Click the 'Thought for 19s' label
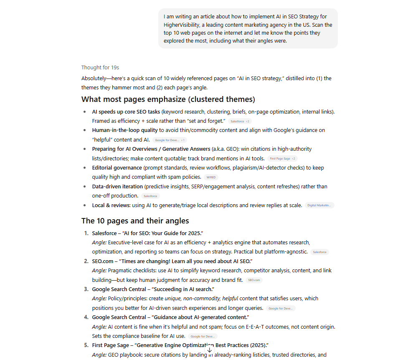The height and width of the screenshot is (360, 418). coord(100,67)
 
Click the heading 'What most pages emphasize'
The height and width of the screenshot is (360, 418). coord(168,99)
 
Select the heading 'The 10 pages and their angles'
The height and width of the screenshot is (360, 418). coord(135,221)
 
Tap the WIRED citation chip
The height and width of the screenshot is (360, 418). coord(212,177)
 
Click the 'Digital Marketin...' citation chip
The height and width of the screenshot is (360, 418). coord(319,205)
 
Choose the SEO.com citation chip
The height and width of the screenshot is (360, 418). coord(254,280)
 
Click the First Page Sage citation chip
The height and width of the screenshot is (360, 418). coord(282,159)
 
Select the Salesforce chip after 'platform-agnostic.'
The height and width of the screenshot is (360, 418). coord(319,252)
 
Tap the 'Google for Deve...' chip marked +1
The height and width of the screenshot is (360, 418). coord(170,140)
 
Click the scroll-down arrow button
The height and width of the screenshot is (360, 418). coord(210,350)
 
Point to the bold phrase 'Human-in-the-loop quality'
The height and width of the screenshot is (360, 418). coord(125,130)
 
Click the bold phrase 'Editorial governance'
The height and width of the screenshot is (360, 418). coord(117,168)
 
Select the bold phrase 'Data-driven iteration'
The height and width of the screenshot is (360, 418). coord(117,187)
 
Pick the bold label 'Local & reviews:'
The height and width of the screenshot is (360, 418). coord(111,205)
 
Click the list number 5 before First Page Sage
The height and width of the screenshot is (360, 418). coord(86,345)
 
